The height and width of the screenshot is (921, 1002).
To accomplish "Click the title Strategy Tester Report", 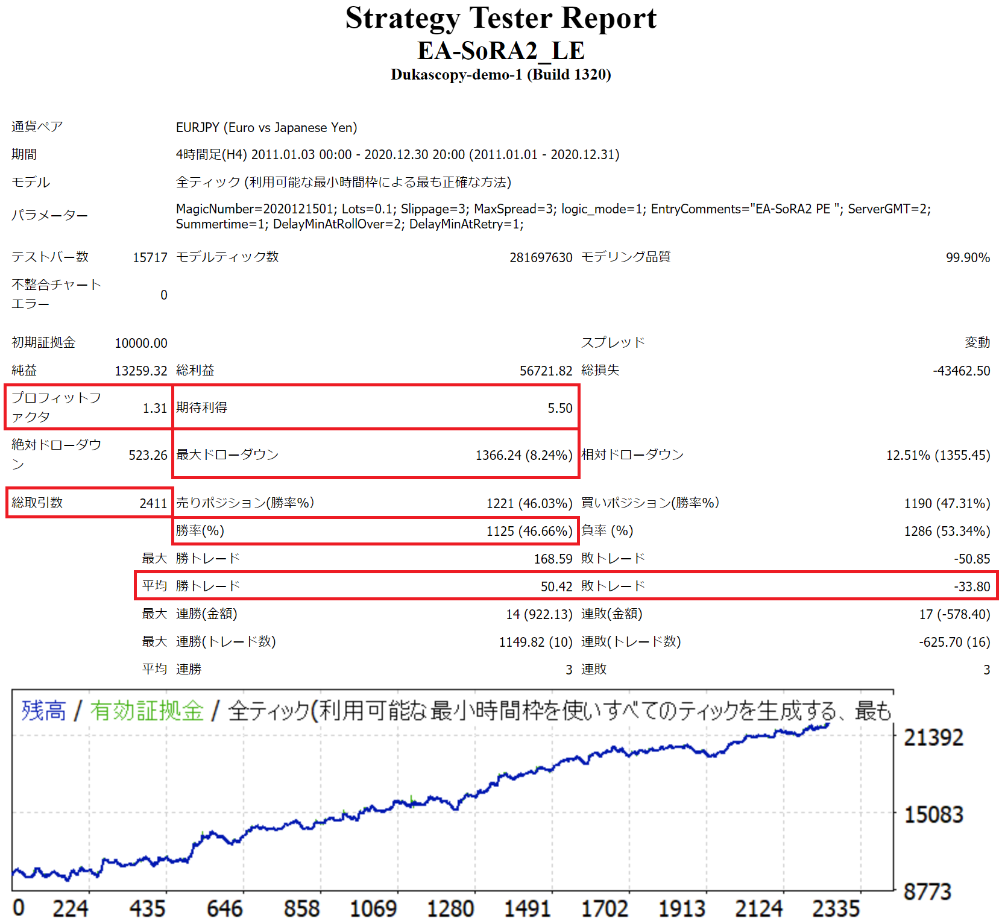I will pyautogui.click(x=500, y=18).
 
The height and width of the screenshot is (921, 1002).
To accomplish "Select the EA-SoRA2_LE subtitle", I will pyautogui.click(x=500, y=51).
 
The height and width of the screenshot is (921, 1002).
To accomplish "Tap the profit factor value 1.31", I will pyautogui.click(x=154, y=408).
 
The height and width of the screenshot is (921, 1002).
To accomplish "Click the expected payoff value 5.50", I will pyautogui.click(x=559, y=408).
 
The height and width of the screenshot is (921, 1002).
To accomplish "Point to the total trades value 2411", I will pyautogui.click(x=153, y=503).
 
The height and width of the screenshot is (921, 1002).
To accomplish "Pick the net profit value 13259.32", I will pyautogui.click(x=141, y=371).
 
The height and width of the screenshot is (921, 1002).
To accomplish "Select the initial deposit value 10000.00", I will pyautogui.click(x=141, y=343).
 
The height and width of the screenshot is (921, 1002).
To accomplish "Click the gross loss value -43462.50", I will pyautogui.click(x=961, y=371).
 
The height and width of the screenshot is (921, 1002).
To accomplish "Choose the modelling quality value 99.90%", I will pyautogui.click(x=968, y=257).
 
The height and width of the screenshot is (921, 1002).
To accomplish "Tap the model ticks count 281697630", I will pyautogui.click(x=541, y=257).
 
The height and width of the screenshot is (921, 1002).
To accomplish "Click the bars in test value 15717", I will pyautogui.click(x=150, y=257).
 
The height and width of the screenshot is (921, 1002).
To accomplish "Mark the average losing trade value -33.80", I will pyautogui.click(x=972, y=586).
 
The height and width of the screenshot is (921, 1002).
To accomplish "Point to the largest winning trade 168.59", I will pyautogui.click(x=553, y=559).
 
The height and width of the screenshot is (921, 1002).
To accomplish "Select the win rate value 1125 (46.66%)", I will pyautogui.click(x=529, y=531).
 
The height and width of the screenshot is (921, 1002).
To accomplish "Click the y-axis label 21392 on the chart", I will pyautogui.click(x=933, y=737).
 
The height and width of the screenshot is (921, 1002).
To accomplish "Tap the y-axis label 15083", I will pyautogui.click(x=933, y=814).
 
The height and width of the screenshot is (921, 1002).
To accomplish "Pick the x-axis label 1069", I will pyautogui.click(x=373, y=908).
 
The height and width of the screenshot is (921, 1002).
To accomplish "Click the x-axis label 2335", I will pyautogui.click(x=836, y=908).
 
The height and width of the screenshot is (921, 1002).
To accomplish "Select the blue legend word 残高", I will pyautogui.click(x=43, y=711).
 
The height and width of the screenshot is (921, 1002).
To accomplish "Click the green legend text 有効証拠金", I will pyautogui.click(x=147, y=711).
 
